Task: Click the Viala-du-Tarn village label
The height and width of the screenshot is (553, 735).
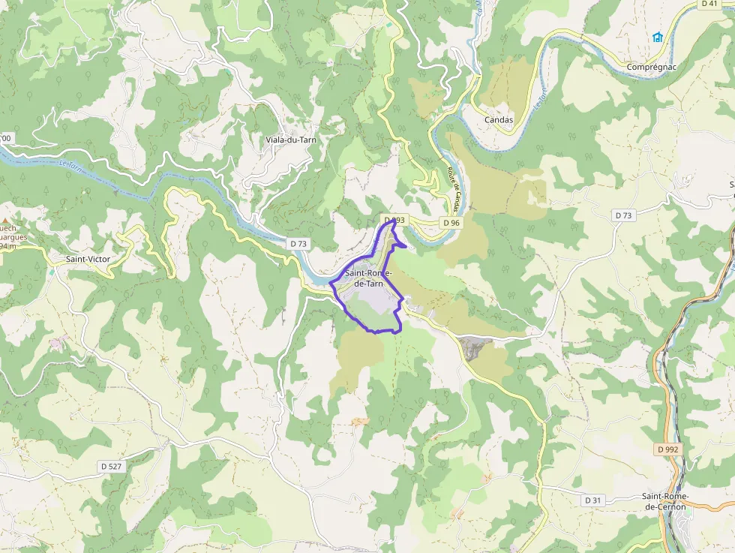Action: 291,140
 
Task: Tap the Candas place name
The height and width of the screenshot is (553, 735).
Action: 499,120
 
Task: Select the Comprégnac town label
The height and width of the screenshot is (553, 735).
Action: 651,67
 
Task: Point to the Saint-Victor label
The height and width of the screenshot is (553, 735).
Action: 88,259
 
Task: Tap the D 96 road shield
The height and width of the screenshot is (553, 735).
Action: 450,223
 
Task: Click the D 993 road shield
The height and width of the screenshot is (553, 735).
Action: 394,221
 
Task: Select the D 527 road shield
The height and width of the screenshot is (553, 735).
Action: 110,466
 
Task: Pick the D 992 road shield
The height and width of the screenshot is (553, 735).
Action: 667,449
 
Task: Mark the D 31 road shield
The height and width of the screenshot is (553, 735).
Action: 592,500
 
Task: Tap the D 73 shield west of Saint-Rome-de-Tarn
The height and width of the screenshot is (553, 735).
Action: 298,243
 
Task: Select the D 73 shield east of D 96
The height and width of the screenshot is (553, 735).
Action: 624,215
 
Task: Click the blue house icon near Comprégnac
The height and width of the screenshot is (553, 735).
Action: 658,37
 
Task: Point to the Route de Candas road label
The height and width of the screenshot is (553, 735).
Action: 455,188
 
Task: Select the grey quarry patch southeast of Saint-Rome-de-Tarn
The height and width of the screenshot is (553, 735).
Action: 475,347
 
